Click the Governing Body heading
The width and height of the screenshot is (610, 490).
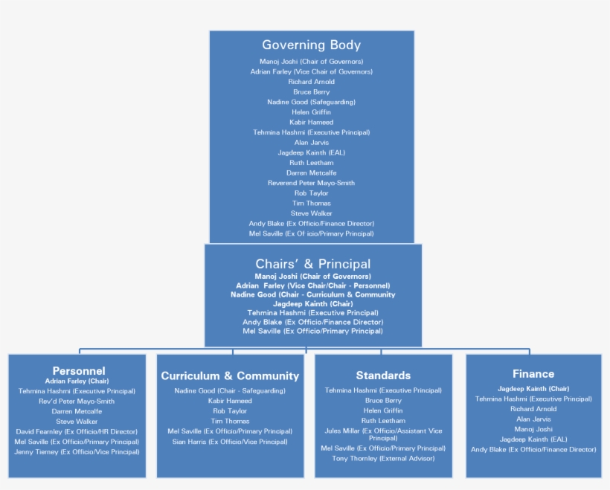(x=311, y=45)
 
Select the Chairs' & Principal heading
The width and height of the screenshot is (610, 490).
(x=312, y=264)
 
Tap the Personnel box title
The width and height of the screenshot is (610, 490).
(x=78, y=370)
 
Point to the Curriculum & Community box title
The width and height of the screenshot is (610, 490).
(x=230, y=376)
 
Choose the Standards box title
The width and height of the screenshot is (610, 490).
(x=383, y=375)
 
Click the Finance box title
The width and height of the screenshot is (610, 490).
(x=533, y=374)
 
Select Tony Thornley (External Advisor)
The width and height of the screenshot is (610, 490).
(x=383, y=459)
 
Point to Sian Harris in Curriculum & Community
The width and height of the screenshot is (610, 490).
(x=230, y=442)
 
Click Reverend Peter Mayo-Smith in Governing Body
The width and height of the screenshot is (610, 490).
(x=311, y=183)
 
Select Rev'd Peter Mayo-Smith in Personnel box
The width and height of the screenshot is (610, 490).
(x=77, y=401)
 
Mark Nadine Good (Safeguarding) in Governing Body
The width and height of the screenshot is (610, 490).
(x=311, y=102)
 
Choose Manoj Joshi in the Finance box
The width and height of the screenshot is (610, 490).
(x=533, y=429)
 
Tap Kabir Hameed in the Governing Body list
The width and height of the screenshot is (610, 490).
(x=311, y=122)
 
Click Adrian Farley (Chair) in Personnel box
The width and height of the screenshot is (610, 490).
(x=77, y=381)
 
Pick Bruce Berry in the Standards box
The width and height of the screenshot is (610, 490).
(x=383, y=401)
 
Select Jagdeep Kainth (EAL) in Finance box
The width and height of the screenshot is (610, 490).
(x=533, y=439)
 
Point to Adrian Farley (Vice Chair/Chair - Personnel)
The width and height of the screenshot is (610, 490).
(x=312, y=286)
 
